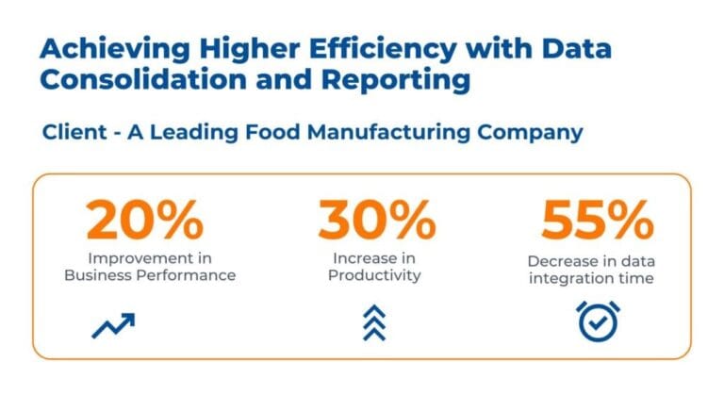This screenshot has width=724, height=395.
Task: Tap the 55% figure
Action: point(597,220)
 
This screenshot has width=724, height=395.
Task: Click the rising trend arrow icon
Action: point(113,325)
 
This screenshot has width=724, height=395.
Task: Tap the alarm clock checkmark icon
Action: point(597,321)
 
